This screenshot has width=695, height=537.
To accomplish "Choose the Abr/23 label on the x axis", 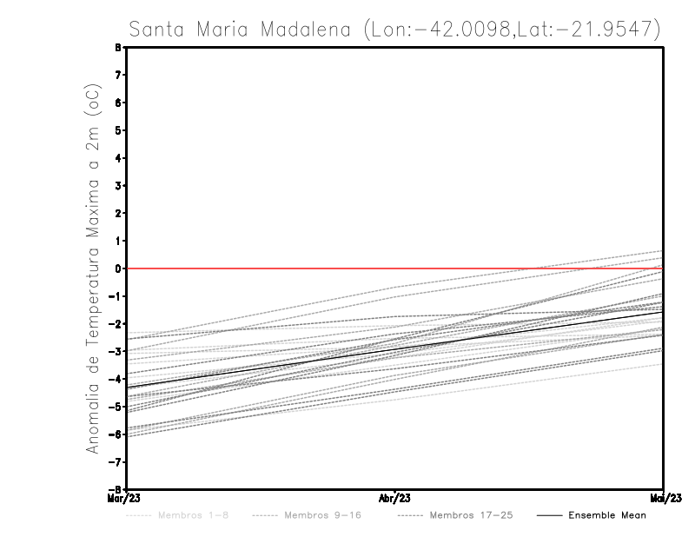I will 395,498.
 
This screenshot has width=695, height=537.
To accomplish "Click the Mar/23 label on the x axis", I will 126,498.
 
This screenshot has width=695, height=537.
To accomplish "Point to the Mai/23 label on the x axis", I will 663,498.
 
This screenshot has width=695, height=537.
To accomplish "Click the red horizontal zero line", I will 261,268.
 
